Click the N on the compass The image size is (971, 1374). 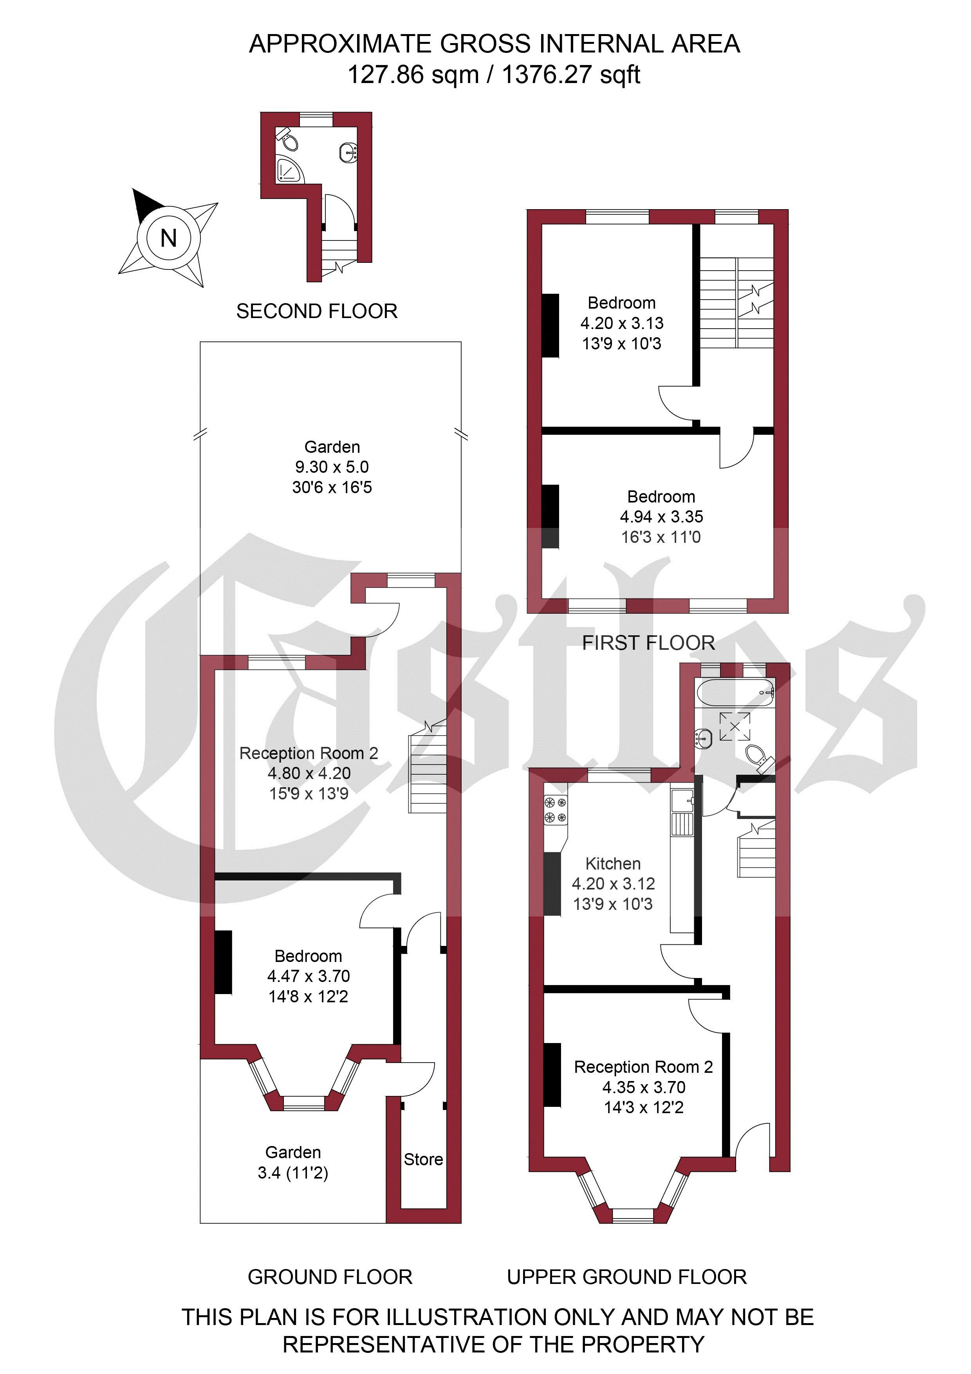coord(169,238)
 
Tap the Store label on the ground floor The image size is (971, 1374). coord(423,1159)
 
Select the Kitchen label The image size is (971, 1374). coord(613,864)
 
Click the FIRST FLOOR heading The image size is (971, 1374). coord(648,643)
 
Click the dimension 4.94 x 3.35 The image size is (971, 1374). coord(661,517)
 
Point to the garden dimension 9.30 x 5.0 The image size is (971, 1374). coord(332,467)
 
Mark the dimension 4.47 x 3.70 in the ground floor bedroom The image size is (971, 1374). coord(308,976)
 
